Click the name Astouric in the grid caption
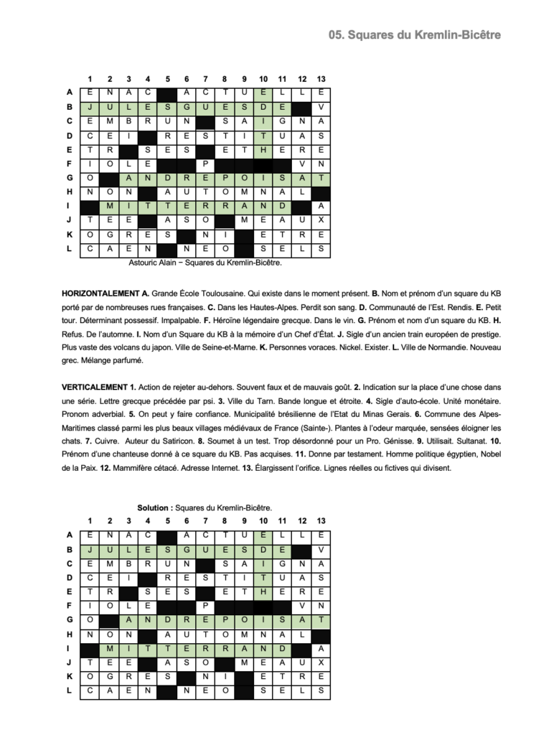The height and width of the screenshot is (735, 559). (x=145, y=263)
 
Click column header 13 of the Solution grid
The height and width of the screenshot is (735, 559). (x=321, y=520)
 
